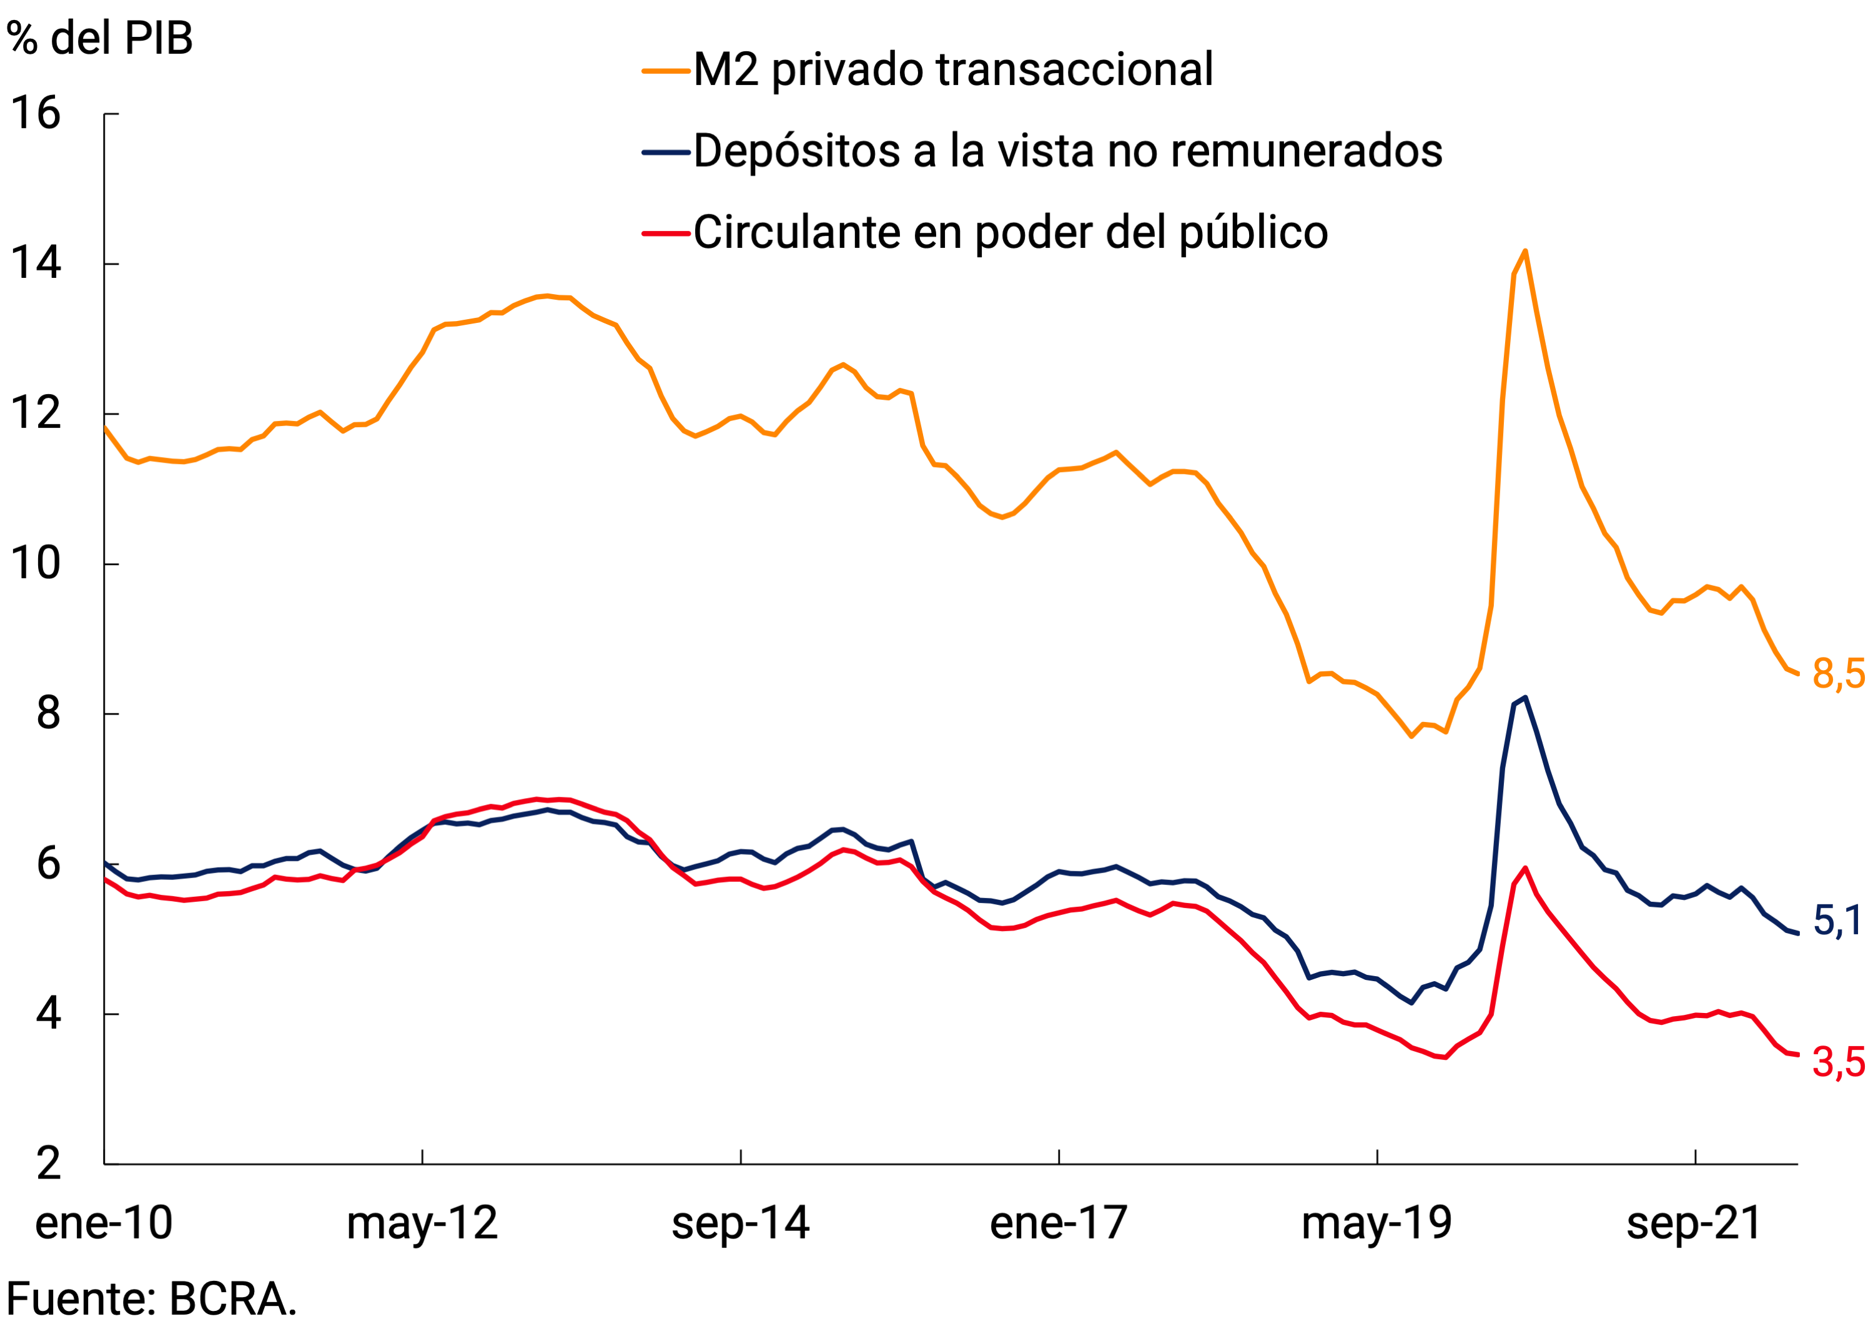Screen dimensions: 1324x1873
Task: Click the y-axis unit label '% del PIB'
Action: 99,38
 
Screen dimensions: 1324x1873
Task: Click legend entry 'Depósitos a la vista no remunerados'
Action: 1067,152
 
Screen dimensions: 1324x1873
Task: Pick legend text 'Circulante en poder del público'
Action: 1010,234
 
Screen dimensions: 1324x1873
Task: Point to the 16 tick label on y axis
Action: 35,114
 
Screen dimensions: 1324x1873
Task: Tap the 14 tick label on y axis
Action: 35,264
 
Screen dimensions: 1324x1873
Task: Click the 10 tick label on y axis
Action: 35,564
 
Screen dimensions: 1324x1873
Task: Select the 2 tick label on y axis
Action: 48,1164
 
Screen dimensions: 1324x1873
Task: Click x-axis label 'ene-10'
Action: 104,1223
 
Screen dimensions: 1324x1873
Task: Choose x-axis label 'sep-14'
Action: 740,1223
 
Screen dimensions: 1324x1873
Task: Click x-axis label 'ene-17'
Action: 1058,1223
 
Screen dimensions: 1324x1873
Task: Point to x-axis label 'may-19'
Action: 1376,1223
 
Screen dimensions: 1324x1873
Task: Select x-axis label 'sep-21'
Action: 1694,1223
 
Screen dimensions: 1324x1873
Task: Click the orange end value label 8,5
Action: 1838,674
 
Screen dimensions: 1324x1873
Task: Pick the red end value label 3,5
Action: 1838,1063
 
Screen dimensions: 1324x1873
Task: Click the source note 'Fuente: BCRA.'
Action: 152,1299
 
